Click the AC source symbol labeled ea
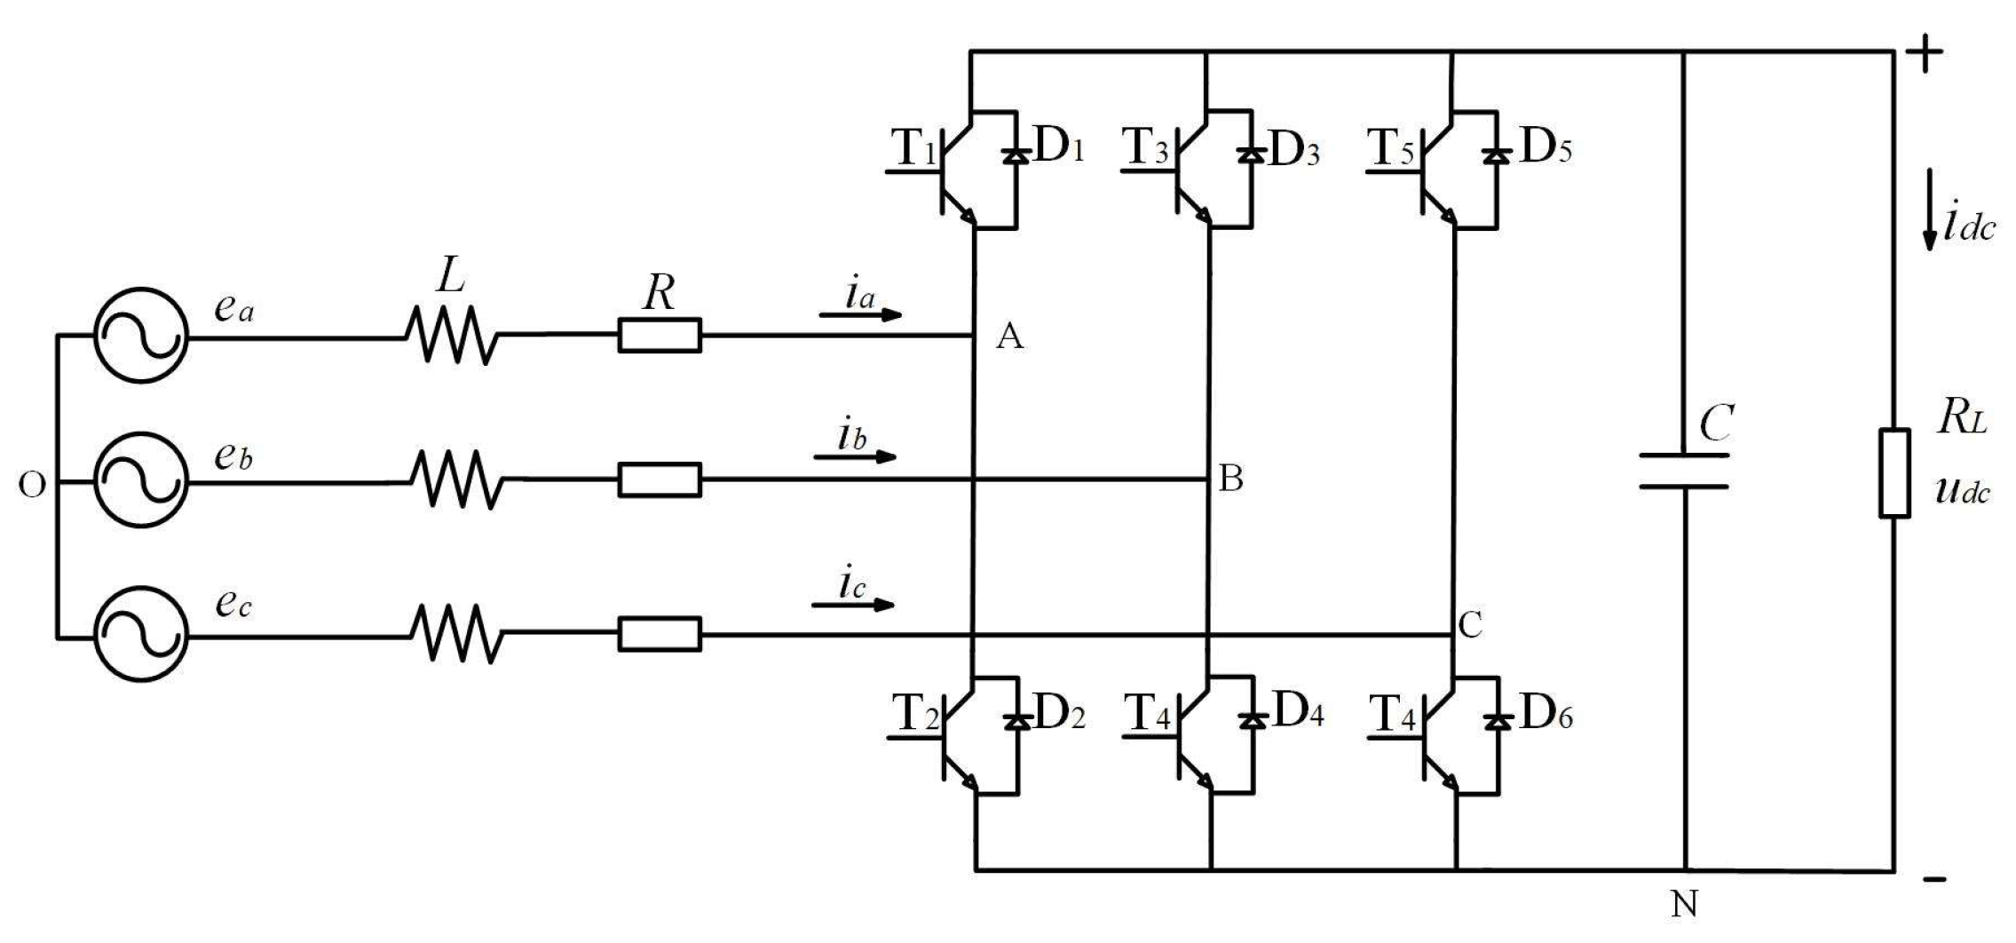pyautogui.click(x=140, y=336)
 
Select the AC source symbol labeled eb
pyautogui.click(x=140, y=480)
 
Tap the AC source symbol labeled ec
pyautogui.click(x=140, y=635)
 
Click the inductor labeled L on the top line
pyautogui.click(x=451, y=336)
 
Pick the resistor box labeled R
pyautogui.click(x=659, y=336)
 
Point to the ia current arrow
pyautogui.click(x=859, y=313)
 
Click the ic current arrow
pyautogui.click(x=852, y=605)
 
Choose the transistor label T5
pyautogui.click(x=1391, y=147)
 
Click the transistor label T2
pyautogui.click(x=915, y=714)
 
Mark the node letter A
pyautogui.click(x=1010, y=337)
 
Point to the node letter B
pyautogui.click(x=1230, y=479)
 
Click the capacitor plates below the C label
pyautogui.click(x=1683, y=471)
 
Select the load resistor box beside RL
pyautogui.click(x=1893, y=472)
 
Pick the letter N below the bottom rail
pyautogui.click(x=1684, y=905)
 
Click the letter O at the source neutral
pyautogui.click(x=32, y=486)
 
